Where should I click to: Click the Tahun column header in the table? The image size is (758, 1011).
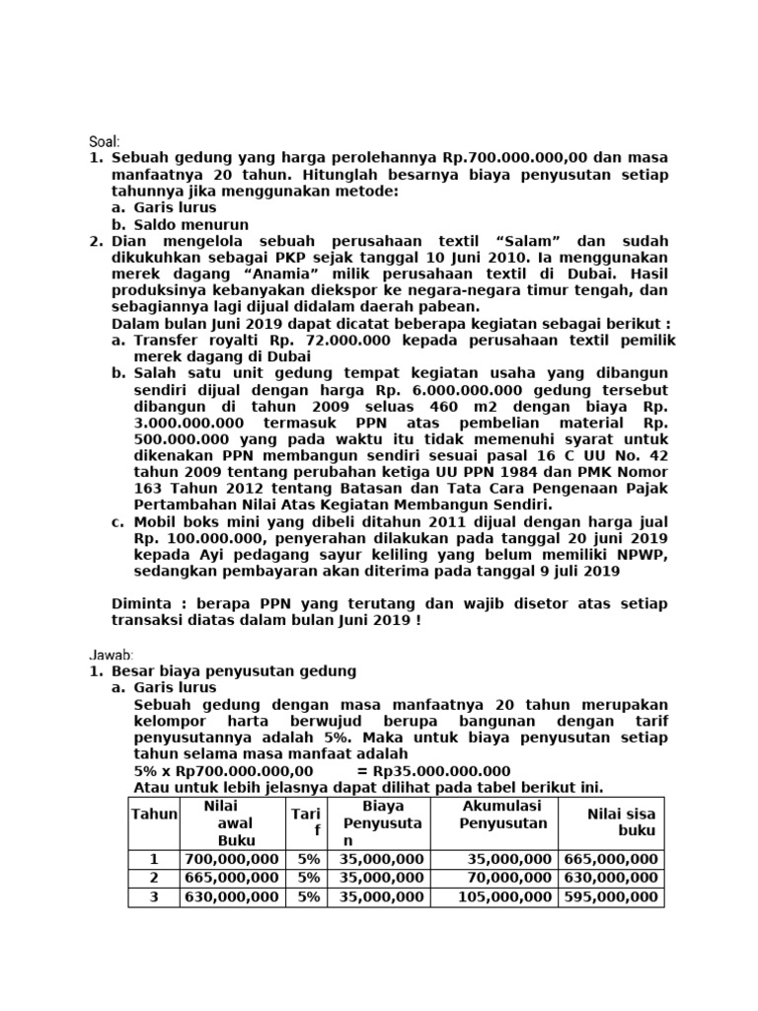153,814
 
